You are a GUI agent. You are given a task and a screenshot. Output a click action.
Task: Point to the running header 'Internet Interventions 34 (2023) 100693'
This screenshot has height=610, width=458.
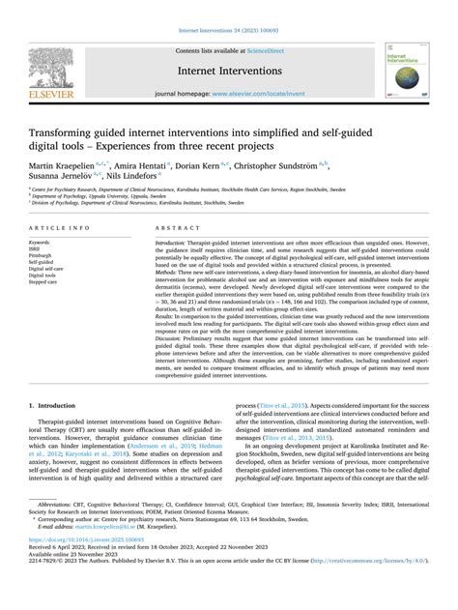pyautogui.click(x=228, y=8)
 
